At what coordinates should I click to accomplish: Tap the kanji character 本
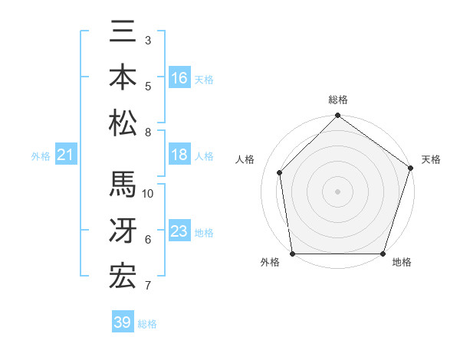click(x=123, y=77)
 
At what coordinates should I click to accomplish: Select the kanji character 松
click(x=123, y=122)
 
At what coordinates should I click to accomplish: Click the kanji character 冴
click(x=123, y=231)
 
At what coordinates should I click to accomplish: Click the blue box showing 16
click(x=179, y=78)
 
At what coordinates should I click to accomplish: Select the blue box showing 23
click(x=179, y=232)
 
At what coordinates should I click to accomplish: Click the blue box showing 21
click(x=66, y=155)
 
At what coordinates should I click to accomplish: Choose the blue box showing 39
click(x=123, y=322)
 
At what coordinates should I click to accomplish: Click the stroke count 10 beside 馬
click(x=148, y=194)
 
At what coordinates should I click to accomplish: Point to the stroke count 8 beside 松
click(x=148, y=133)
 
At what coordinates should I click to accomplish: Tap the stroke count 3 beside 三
click(x=148, y=40)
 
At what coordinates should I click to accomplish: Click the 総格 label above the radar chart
click(x=337, y=100)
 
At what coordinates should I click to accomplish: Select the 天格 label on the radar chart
click(x=431, y=159)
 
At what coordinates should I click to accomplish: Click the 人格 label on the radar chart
click(x=245, y=159)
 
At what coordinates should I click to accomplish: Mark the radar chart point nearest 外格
click(x=293, y=254)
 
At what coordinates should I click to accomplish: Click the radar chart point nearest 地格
click(x=383, y=254)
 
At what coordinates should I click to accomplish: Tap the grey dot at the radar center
click(x=337, y=191)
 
